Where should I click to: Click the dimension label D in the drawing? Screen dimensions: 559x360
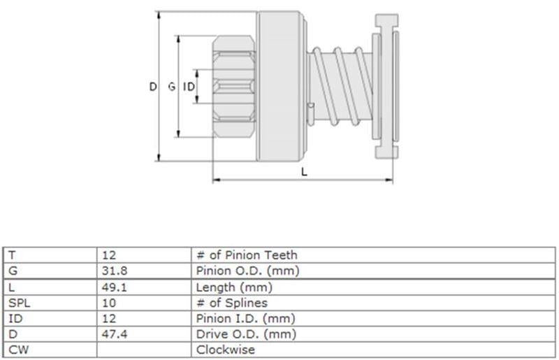(153, 87)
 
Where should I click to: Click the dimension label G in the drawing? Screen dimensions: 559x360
(172, 87)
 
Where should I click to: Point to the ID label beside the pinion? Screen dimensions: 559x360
(189, 87)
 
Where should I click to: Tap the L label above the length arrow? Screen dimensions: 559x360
(304, 173)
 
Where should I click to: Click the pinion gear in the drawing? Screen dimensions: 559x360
(234, 87)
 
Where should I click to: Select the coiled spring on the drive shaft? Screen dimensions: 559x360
(341, 87)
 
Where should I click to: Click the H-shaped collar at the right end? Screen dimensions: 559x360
(386, 87)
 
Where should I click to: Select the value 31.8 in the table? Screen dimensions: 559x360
(115, 271)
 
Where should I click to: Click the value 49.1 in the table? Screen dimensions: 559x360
(115, 287)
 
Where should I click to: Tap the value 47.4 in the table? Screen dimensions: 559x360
(115, 334)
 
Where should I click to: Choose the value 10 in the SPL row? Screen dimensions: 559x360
(109, 303)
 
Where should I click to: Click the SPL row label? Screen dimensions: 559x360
(20, 303)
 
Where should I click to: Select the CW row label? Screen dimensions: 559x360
(19, 350)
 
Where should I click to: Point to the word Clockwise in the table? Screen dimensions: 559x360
(225, 350)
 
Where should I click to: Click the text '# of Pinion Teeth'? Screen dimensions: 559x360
(247, 255)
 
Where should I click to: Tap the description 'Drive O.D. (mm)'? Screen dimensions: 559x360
(246, 334)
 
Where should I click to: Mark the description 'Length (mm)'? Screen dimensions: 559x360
(234, 287)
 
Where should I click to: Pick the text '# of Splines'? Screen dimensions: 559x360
(232, 303)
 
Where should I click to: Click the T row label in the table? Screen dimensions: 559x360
(12, 255)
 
